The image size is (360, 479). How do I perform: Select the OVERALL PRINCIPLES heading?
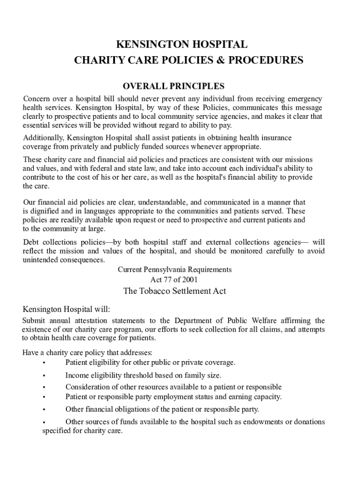[x=173, y=87]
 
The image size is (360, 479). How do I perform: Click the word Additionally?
[x=44, y=138]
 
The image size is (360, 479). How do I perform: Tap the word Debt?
[x=30, y=242]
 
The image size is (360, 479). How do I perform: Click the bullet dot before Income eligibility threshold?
[x=43, y=376]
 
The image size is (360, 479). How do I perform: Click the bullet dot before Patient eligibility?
[x=43, y=363]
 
